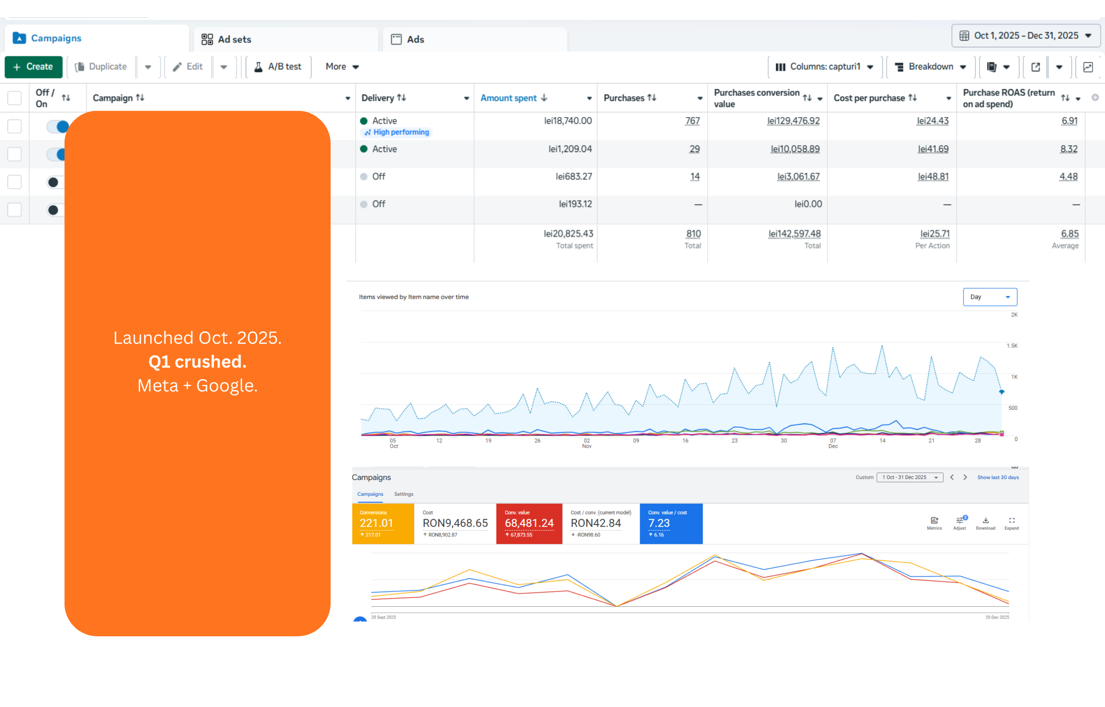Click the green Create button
34,67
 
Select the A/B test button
278,67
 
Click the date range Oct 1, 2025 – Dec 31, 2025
1025,36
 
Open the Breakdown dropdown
930,67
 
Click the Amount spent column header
509,98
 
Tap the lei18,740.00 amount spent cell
568,121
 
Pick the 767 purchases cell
692,121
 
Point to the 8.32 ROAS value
1069,149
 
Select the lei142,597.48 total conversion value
795,234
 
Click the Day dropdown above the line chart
989,297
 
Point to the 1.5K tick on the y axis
1012,346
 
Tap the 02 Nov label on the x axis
587,443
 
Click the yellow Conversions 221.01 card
383,524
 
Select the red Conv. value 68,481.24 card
529,524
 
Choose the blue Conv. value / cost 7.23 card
671,524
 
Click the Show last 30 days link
998,478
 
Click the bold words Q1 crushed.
198,362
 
